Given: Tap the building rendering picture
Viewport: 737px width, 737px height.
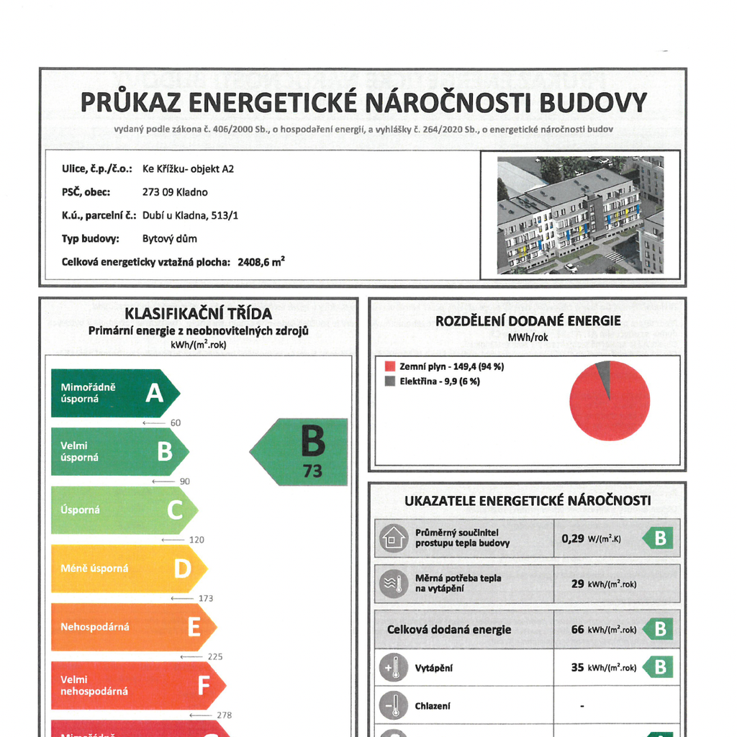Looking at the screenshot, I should coord(579,214).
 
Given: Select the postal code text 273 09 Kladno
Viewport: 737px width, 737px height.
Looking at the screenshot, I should coord(175,192).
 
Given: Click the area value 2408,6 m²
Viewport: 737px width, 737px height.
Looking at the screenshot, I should coord(261,262).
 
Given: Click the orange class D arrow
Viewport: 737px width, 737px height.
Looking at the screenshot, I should coord(128,569).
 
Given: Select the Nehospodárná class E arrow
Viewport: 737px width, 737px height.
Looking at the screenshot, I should coord(133,627).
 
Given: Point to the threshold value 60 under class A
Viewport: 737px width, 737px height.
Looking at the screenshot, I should coord(175,422).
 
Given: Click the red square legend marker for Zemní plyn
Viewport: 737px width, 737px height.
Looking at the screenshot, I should coord(390,366).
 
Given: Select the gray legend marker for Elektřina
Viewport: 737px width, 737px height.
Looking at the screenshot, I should coord(390,381).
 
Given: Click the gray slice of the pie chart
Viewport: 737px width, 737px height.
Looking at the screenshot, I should coord(603,374).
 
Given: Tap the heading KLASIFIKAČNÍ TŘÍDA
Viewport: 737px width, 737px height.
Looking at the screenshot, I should coord(198,314).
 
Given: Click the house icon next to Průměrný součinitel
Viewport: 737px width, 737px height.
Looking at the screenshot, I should coord(393,538).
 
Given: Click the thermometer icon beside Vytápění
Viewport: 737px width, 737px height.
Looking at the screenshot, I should coord(392,668).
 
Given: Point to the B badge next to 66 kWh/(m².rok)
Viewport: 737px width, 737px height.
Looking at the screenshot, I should coord(658,629).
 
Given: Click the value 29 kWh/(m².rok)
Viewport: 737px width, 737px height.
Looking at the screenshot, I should coord(603,584).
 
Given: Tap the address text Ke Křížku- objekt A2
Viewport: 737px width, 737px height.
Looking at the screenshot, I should coord(188,169).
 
